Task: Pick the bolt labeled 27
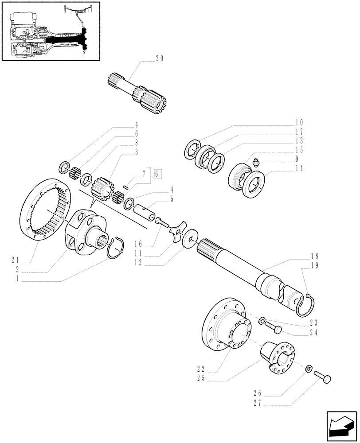click(x=323, y=377)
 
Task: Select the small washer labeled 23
click(x=262, y=320)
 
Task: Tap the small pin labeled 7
click(x=126, y=187)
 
